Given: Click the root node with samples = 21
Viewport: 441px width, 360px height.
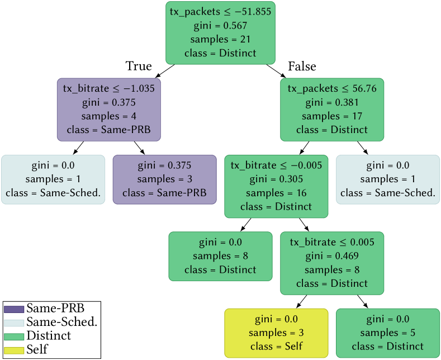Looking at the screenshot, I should click(220, 32).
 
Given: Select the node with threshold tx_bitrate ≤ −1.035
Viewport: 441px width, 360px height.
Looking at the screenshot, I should click(108, 109).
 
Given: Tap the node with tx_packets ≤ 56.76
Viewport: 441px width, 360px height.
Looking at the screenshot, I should click(332, 109).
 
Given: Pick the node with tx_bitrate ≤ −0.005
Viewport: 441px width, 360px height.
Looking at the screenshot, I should click(276, 186).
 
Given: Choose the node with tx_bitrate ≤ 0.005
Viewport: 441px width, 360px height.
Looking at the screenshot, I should click(332, 263).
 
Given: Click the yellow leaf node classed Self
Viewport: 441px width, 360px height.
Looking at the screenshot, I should click(276, 333).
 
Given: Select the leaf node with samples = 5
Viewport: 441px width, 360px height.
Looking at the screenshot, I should click(388, 333).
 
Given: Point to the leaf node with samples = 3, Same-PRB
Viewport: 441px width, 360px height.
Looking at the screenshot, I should click(164, 179).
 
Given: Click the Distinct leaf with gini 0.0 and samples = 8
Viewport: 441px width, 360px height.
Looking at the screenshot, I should click(220, 256).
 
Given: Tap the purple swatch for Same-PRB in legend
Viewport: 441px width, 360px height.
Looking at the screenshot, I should click(14, 309).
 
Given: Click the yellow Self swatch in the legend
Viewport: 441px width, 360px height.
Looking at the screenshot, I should click(14, 350).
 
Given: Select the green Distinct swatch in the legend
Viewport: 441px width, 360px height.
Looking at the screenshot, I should click(14, 337).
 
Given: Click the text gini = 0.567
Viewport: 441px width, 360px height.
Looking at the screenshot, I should click(220, 26).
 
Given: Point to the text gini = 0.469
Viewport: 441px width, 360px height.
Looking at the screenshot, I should click(332, 256).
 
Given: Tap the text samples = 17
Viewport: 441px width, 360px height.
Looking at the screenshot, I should click(332, 116).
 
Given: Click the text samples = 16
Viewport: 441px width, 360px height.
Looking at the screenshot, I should click(276, 193).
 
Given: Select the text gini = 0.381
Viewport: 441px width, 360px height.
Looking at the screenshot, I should click(332, 102).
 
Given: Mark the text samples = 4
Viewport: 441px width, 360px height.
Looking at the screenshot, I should click(108, 116).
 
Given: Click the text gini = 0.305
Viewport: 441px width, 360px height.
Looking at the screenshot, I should click(276, 179).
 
